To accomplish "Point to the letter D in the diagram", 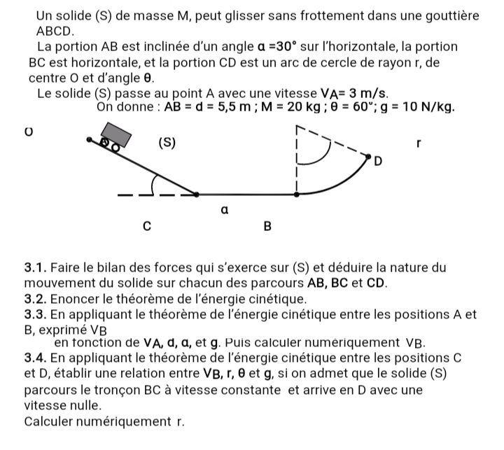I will click(379, 162).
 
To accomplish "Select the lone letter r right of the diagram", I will click(419, 142).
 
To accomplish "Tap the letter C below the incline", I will click(147, 226).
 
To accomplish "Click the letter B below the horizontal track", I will click(267, 227).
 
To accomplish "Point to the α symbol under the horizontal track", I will click(224, 209).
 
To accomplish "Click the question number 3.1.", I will click(35, 267).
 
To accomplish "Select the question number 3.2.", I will click(35, 300).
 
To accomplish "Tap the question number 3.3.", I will click(35, 315).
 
